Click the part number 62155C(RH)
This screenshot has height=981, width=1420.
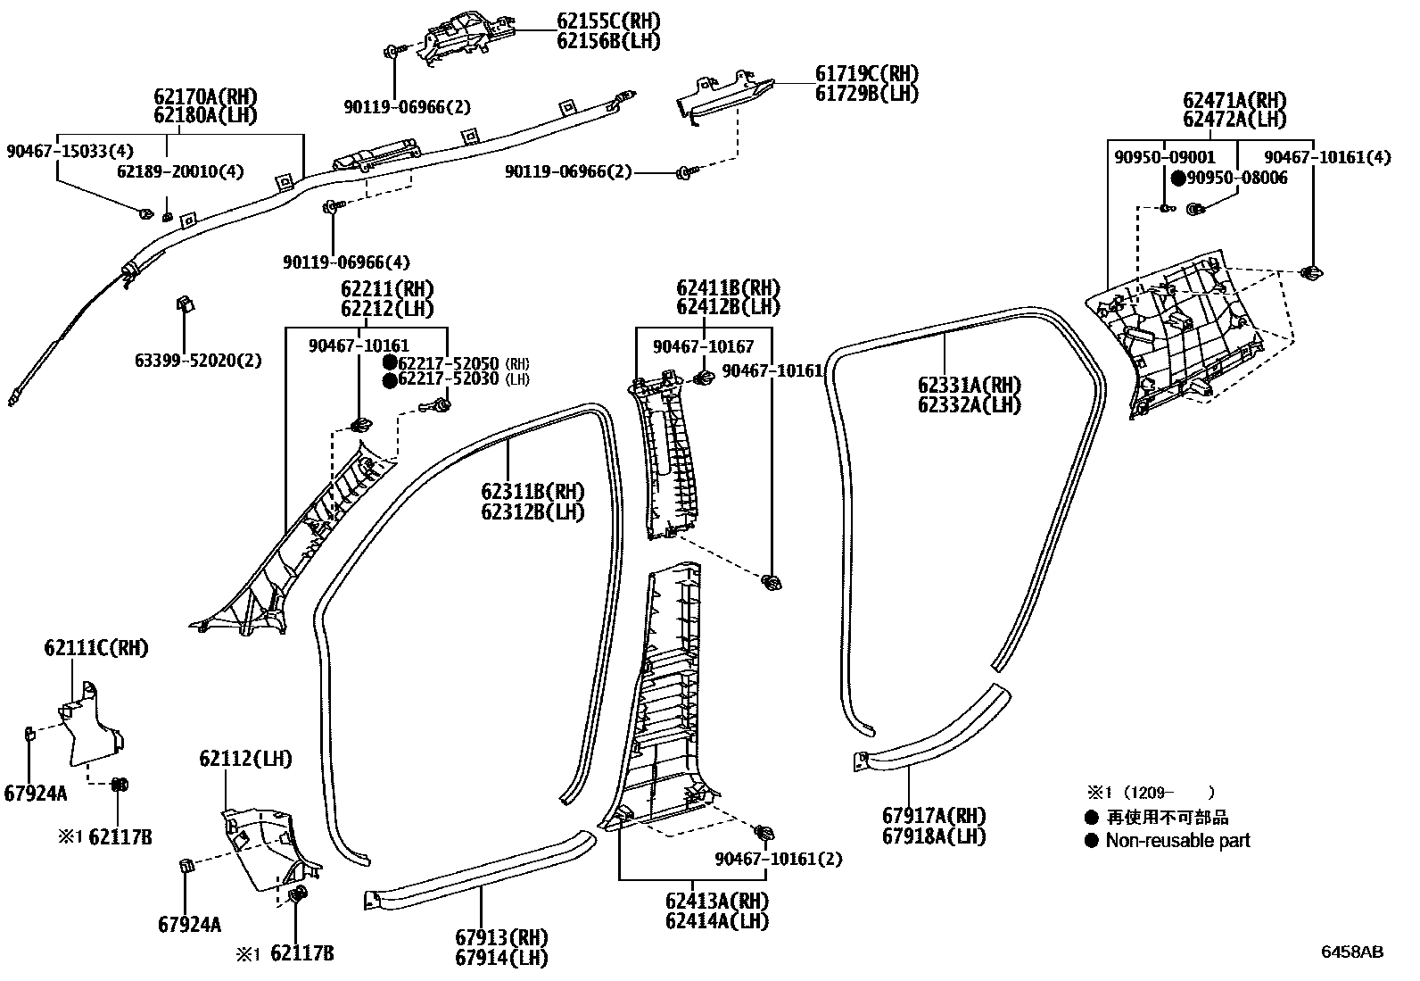[608, 21]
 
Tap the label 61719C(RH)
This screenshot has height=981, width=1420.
[866, 74]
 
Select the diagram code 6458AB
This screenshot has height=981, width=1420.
[1351, 952]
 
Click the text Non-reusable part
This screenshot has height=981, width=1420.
[1177, 841]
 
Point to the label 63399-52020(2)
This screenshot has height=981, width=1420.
[198, 361]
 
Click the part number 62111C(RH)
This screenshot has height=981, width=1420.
[96, 648]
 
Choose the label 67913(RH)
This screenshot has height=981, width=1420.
[501, 937]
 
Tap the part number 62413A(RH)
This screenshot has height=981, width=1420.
[716, 901]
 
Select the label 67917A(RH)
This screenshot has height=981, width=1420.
[934, 816]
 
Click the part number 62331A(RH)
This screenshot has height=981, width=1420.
[970, 386]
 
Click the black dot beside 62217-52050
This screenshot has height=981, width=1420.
[390, 362]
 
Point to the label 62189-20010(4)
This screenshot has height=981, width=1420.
[180, 171]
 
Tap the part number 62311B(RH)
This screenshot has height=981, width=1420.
[532, 492]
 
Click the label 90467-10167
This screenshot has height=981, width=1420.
[703, 346]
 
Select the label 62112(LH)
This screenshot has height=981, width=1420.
[245, 760]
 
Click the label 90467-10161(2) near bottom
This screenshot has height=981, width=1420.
[778, 859]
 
